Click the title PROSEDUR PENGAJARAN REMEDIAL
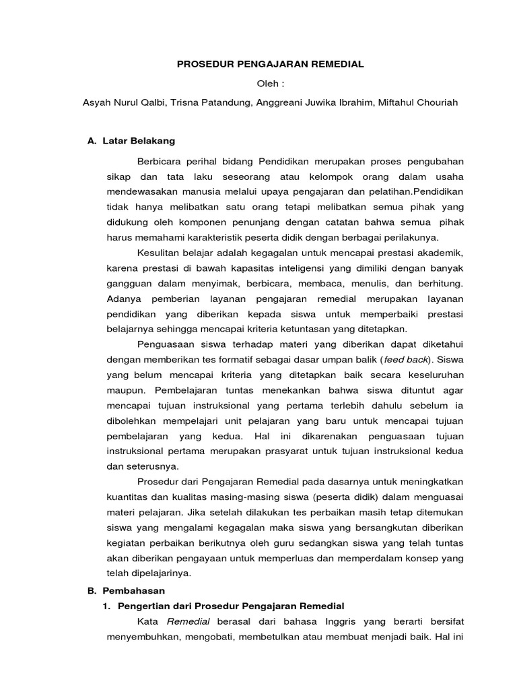270,64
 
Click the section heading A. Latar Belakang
131,141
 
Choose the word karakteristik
201,237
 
